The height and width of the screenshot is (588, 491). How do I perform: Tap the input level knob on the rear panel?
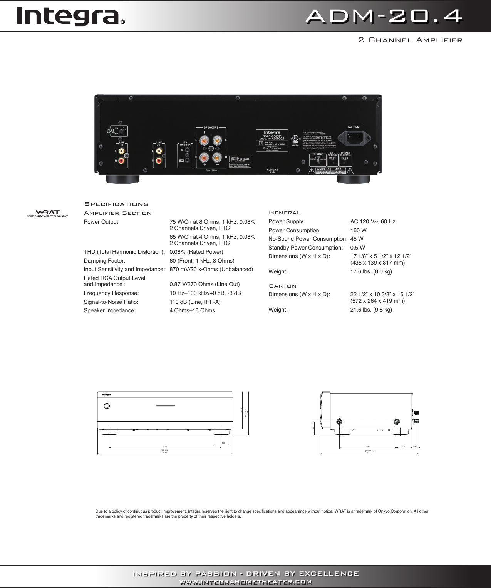122,131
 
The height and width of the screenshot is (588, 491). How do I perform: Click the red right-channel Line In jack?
122,160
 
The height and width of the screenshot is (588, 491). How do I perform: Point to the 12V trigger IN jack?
188,151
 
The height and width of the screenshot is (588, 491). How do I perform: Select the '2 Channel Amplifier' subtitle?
410,40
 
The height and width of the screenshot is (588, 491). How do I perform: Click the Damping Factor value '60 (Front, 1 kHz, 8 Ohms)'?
202,261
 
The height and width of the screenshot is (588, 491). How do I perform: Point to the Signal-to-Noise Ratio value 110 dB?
195,302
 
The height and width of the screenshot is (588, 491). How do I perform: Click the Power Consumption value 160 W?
358,230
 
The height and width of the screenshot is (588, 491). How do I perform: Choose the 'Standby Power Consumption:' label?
305,248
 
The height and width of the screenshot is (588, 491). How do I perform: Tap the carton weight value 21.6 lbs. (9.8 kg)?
371,310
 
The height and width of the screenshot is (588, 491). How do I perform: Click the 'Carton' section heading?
282,286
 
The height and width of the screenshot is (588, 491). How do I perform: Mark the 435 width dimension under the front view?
165,453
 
